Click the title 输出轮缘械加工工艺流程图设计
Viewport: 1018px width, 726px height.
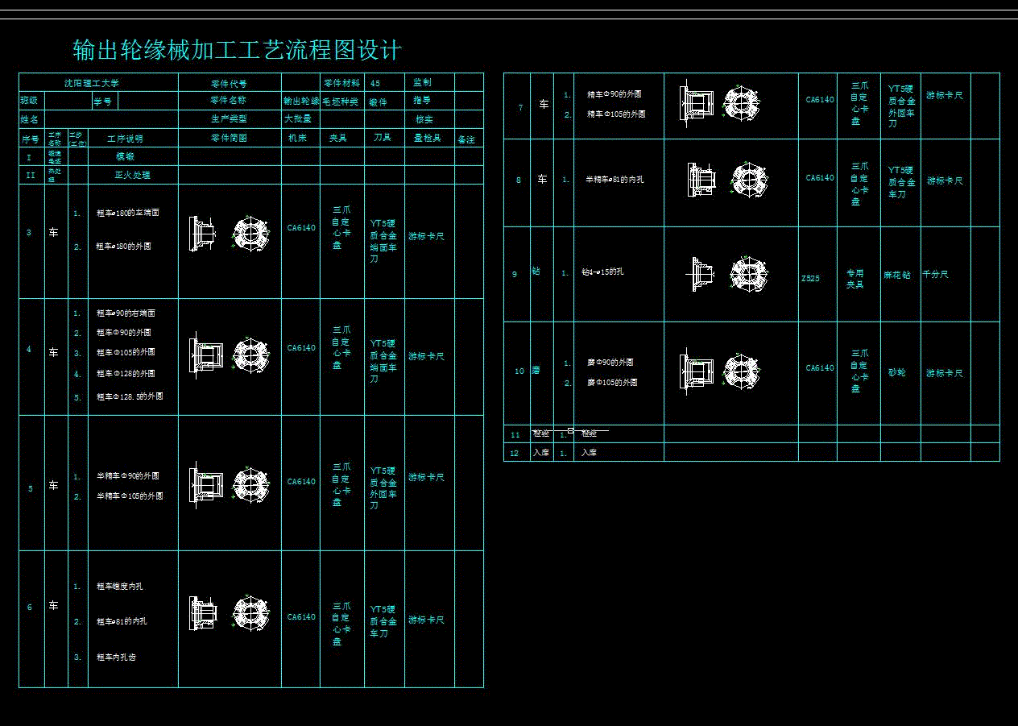[x=238, y=51]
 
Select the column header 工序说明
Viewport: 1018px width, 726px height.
[x=125, y=139]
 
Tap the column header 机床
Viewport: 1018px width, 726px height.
[x=297, y=139]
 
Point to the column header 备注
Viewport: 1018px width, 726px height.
[x=466, y=139]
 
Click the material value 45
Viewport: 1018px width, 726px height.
[x=375, y=83]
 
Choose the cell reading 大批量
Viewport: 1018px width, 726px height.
[x=297, y=118]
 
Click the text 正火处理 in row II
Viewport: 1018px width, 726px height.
[x=132, y=175]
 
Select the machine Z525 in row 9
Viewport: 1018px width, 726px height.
[x=810, y=278]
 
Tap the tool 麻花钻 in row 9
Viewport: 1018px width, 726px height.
[x=896, y=275]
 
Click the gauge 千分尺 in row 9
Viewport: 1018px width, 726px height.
[x=935, y=274]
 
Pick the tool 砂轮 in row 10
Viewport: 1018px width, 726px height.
[x=896, y=373]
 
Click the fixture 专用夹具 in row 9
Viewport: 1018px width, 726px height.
[x=855, y=279]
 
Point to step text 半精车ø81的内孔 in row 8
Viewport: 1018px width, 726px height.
[x=615, y=180]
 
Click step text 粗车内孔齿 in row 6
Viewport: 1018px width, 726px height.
[x=116, y=657]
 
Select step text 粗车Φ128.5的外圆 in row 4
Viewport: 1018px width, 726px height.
[x=130, y=396]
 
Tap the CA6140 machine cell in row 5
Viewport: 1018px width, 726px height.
[x=301, y=482]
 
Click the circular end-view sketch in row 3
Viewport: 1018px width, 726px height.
[x=250, y=232]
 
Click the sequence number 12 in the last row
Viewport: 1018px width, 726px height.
[x=515, y=453]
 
